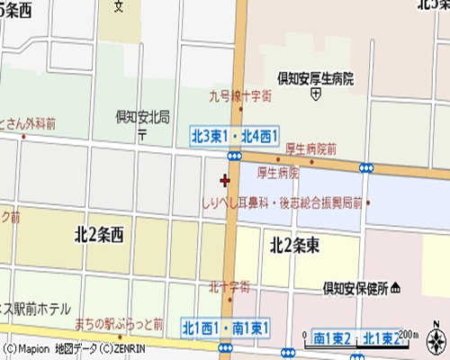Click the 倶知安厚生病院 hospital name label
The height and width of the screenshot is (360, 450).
point(314,78)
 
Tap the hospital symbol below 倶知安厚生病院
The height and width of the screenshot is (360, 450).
point(315,93)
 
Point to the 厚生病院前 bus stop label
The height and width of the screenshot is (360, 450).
point(310,148)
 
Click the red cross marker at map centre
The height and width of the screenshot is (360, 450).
point(224,180)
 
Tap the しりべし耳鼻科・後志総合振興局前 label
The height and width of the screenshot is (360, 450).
point(283,204)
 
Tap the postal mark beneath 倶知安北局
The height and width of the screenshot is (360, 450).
point(141,132)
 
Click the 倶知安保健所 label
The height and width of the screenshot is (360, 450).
point(355,289)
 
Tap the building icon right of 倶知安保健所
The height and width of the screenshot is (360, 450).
point(396,288)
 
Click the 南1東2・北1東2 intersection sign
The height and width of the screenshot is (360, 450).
point(355,338)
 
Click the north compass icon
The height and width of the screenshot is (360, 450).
point(436,341)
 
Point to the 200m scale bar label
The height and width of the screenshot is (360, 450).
point(409,334)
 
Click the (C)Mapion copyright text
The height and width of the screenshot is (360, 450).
point(24,348)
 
